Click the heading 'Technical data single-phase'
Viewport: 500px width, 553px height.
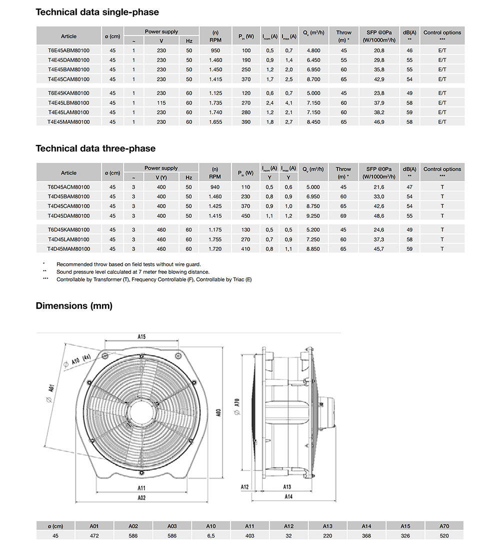click(97, 12)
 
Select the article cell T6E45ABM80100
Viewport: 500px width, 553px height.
click(68, 50)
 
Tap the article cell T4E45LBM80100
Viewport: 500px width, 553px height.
click(68, 103)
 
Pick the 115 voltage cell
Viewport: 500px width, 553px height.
click(161, 103)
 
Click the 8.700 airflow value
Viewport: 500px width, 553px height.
click(313, 79)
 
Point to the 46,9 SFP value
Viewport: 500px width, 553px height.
click(378, 122)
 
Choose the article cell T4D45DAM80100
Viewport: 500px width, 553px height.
click(68, 216)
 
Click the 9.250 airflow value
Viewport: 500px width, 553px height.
click(313, 216)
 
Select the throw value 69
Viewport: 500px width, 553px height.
click(343, 216)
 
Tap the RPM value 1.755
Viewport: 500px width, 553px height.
click(215, 239)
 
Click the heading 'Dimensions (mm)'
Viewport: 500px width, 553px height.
click(74, 306)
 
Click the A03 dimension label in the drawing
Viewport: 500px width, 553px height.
click(218, 413)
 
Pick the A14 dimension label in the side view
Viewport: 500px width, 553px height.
click(288, 497)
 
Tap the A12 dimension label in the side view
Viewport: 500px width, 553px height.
click(244, 487)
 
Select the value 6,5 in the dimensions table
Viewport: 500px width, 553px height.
click(211, 536)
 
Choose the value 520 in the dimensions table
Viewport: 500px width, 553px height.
click(444, 536)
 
